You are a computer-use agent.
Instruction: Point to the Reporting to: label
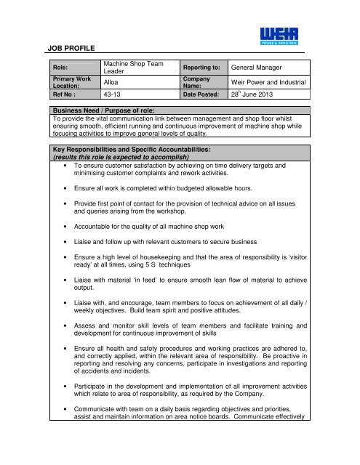tap(201, 66)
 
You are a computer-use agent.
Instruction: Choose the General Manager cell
tap(258, 66)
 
